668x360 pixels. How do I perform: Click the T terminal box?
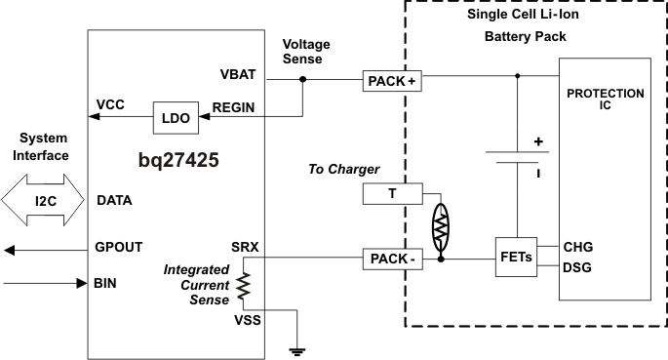pyautogui.click(x=391, y=194)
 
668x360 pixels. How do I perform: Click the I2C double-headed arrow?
pyautogui.click(x=46, y=201)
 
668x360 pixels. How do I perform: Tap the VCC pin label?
pyautogui.click(x=110, y=103)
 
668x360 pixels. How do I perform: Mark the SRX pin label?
pyautogui.click(x=245, y=247)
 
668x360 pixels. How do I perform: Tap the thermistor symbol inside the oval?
pyautogui.click(x=442, y=223)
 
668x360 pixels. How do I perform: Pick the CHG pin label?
pyautogui.click(x=577, y=248)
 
